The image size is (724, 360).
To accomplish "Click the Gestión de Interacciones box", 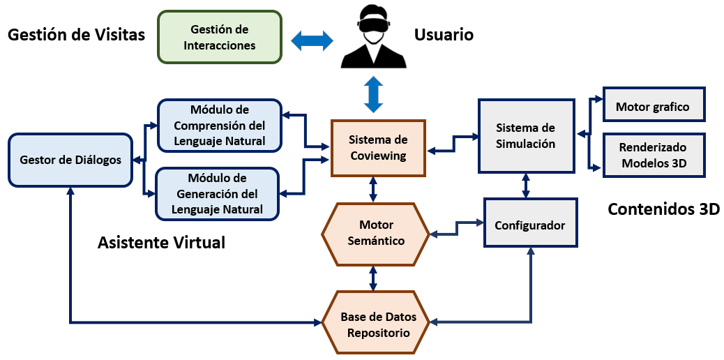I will (220, 38).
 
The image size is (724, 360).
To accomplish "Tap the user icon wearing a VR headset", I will (373, 38).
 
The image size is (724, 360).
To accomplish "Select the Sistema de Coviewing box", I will (377, 147).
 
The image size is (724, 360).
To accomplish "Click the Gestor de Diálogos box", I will (70, 160).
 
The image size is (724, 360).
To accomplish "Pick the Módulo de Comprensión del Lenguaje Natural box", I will (219, 126).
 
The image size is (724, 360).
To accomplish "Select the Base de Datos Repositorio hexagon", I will (375, 324).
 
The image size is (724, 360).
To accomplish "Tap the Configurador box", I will (529, 225).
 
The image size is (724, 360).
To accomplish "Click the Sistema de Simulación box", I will (525, 136).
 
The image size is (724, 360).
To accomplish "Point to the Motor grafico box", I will (653, 106).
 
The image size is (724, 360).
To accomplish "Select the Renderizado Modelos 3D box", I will (653, 156).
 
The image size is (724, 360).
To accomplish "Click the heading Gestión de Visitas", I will (76, 34).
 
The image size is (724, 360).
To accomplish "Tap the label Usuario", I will (444, 34).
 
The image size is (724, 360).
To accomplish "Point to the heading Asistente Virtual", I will (161, 243).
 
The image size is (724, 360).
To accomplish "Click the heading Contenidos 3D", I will (663, 209).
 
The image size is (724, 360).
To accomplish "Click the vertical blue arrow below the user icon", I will (375, 93).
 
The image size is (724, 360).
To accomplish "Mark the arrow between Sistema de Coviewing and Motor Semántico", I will (375, 188).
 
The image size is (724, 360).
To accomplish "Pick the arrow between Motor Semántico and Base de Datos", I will (374, 278).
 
